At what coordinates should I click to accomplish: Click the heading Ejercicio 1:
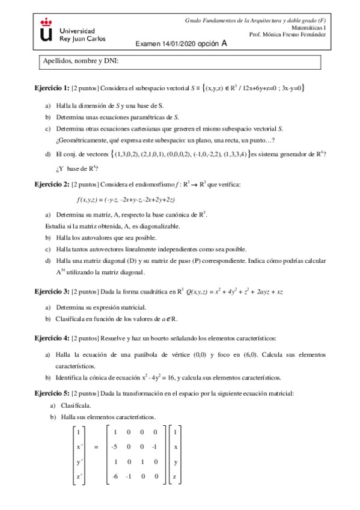click(x=52, y=88)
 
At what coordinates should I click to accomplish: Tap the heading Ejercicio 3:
click(x=52, y=292)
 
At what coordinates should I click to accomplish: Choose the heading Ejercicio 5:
click(x=52, y=393)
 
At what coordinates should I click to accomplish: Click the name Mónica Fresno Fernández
click(x=300, y=35)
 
